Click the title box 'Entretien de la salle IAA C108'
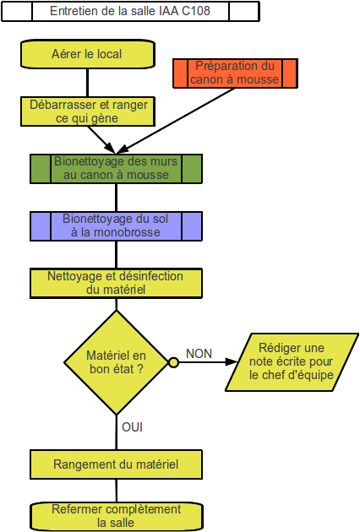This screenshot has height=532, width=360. pyautogui.click(x=130, y=11)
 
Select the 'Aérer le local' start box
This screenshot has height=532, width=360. pyautogui.click(x=88, y=54)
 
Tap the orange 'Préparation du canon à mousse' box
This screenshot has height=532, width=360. pyautogui.click(x=235, y=73)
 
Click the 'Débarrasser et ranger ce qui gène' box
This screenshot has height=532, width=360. pyautogui.click(x=88, y=111)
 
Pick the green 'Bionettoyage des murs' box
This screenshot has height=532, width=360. pyautogui.click(x=116, y=169)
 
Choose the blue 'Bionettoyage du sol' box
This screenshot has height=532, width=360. pyautogui.click(x=116, y=226)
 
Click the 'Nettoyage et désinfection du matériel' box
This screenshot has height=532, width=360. pyautogui.click(x=116, y=283)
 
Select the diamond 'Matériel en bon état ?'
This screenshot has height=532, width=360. pyautogui.click(x=116, y=362)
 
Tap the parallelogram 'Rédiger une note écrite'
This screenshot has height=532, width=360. pyautogui.click(x=292, y=362)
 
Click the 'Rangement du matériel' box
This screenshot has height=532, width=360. pyautogui.click(x=116, y=464)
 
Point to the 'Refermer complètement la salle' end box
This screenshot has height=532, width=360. pyautogui.click(x=116, y=517)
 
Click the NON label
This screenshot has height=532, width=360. pyautogui.click(x=199, y=354)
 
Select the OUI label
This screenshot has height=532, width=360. pyautogui.click(x=132, y=427)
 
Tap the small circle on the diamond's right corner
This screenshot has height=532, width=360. pyautogui.click(x=173, y=363)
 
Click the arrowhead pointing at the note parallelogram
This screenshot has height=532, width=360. pyautogui.click(x=232, y=362)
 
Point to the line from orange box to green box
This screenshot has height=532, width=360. pyautogui.click(x=175, y=121)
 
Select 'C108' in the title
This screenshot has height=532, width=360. pyautogui.click(x=196, y=11)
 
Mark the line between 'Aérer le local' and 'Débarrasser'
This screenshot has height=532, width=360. pyautogui.click(x=88, y=83)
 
